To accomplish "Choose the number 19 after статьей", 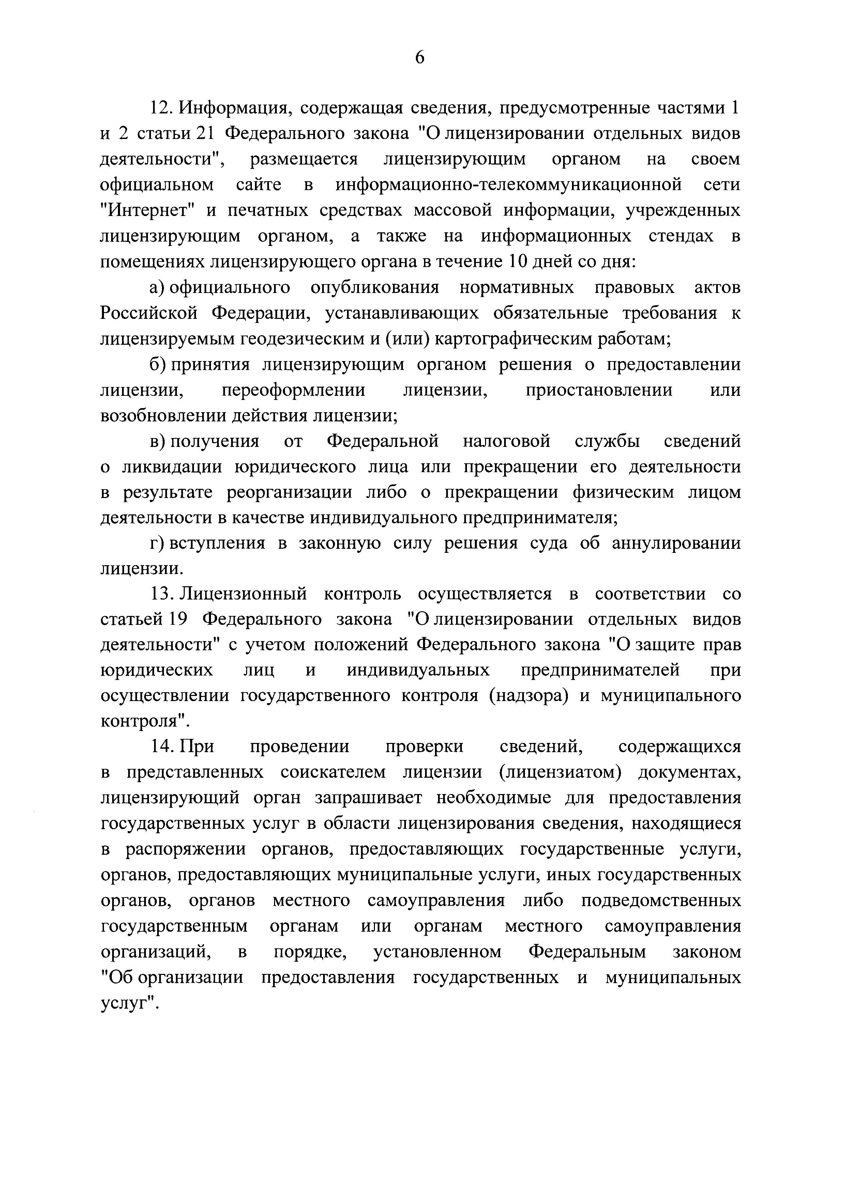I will click(x=175, y=619).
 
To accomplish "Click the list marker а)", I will click(x=157, y=288).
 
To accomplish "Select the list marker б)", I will click(x=157, y=364).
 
